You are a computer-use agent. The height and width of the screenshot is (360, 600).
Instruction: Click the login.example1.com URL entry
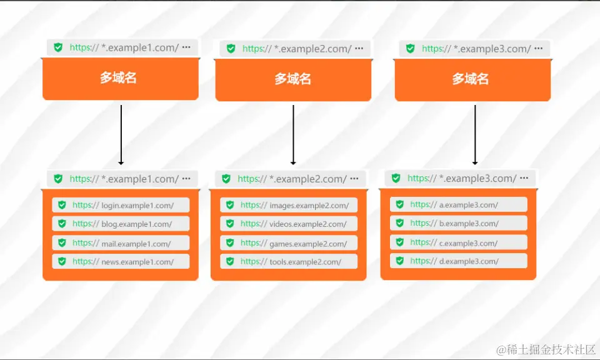coord(121,205)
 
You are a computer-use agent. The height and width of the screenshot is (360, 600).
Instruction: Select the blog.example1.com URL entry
coord(121,224)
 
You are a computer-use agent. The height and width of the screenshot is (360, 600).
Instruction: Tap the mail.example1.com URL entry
coord(121,243)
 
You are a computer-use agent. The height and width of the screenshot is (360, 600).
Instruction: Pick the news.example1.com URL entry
coord(121,262)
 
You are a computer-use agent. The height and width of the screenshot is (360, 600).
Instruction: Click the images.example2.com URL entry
coord(289,205)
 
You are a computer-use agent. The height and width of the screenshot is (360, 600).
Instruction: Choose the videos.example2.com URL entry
coord(289,224)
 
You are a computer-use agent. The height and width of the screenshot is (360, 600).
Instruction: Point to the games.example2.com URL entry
coord(289,243)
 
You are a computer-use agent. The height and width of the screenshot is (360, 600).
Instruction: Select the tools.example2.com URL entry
coord(289,262)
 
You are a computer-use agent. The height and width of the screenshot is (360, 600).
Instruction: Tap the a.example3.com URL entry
coord(459,204)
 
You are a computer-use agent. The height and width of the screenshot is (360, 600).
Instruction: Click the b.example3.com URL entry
coord(459,223)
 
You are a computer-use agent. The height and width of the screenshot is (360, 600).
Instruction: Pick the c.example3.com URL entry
coord(459,242)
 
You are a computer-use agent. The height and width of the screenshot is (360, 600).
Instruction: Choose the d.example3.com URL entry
coord(459,261)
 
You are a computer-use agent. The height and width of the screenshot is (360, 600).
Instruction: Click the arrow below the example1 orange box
coord(121,134)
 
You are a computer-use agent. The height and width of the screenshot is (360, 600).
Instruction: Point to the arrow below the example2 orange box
coord(293,134)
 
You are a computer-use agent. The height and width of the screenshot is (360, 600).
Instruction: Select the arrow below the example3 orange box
coord(475,134)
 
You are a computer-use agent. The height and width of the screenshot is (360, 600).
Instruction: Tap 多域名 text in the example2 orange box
coord(293,79)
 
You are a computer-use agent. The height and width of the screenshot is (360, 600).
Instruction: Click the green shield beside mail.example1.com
coord(61,243)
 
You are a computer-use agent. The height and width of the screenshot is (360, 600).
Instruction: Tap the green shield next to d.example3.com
coord(399,261)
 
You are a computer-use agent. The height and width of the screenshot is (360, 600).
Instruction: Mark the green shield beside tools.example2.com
coord(229,262)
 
